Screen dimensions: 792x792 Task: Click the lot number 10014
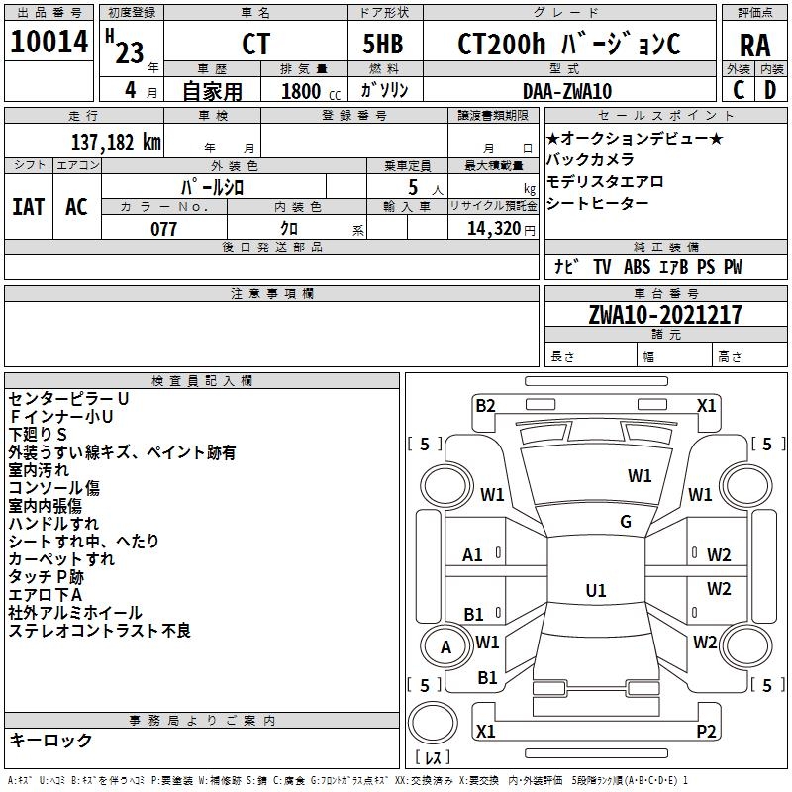point(49,41)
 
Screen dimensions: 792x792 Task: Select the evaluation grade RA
point(754,46)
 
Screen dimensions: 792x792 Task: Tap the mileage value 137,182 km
point(116,142)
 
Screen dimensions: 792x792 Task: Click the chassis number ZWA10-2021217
point(665,314)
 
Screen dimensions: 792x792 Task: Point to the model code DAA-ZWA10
point(567,91)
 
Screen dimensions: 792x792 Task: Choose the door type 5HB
point(383,44)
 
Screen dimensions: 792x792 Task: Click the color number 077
point(163,229)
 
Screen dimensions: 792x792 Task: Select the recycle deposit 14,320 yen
point(501,229)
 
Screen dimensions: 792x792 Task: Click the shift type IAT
point(28,206)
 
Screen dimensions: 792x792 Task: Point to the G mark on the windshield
point(626,521)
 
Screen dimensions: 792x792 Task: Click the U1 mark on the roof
point(596,590)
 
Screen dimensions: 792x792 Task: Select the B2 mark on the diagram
point(485,405)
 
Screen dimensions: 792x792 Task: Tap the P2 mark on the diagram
point(706,731)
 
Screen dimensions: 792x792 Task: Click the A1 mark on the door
point(472,554)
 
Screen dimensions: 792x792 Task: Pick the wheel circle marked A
point(445,646)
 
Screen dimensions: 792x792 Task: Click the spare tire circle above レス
point(433,723)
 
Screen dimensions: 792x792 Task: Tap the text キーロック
point(50,740)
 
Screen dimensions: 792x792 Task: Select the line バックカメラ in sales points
point(589,159)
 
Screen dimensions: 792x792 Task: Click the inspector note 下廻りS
point(38,434)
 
